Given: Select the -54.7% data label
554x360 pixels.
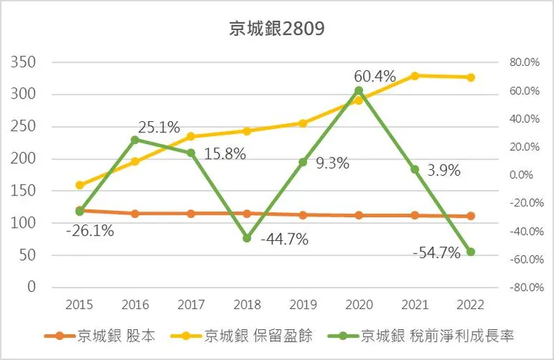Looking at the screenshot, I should coord(436,254).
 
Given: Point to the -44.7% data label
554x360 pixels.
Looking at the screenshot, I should coord(284,240).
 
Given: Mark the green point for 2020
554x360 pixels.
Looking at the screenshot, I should coord(359,91).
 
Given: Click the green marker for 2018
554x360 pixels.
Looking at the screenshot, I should coord(247,238).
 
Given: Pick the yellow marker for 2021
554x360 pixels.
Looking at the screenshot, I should coord(415,76).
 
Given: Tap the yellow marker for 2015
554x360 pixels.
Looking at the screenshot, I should coord(79,185).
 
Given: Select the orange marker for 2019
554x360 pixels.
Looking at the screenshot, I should coord(303,215).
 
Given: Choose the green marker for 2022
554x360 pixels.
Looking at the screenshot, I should coord(471,252).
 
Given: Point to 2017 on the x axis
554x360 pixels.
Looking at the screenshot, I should coord(190,305).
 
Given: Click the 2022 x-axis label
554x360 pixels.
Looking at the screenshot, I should coord(470,305).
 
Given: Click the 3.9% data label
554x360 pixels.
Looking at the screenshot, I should coord(442,171).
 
